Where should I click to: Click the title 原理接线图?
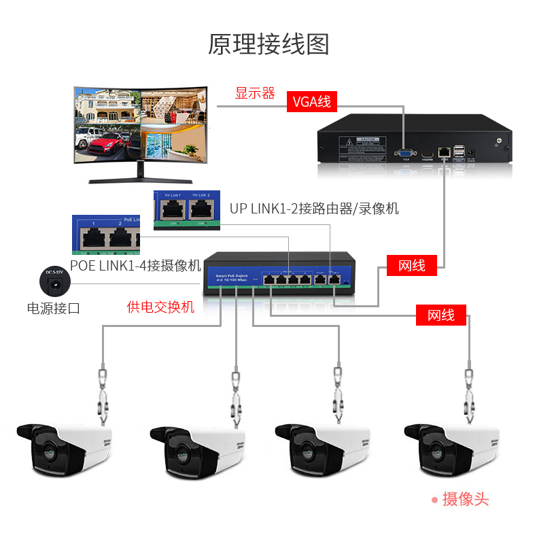268,44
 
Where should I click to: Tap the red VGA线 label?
312,102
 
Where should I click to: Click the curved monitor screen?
140,125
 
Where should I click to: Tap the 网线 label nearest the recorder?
412,265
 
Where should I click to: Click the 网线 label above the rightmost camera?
441,315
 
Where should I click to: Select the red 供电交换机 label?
160,307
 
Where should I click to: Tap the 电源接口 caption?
54,308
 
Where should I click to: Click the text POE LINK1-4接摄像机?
136,265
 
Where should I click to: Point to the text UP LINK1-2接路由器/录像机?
314,209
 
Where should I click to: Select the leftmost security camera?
65,448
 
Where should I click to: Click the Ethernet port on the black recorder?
444,151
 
